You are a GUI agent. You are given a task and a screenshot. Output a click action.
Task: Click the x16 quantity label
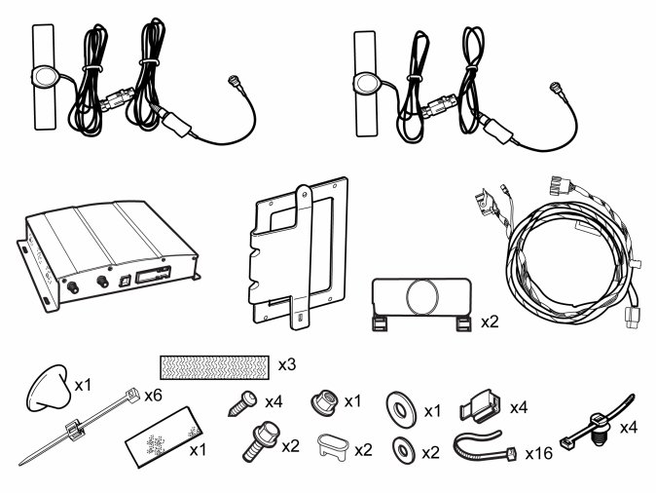[x=539, y=453]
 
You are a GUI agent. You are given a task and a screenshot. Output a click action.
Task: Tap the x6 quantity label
[x=153, y=395]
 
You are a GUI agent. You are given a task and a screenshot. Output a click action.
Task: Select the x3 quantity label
[x=287, y=364]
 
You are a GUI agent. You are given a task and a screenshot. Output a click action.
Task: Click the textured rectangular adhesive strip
[x=214, y=367]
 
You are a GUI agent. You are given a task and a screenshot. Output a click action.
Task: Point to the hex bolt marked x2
[x=261, y=441]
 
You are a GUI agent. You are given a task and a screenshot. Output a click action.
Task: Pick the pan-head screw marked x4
[x=243, y=403]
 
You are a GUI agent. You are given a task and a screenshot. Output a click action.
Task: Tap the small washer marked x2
[x=403, y=451]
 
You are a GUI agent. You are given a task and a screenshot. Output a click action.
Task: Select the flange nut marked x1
[x=324, y=401]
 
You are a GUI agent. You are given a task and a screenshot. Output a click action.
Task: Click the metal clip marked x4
[x=480, y=405]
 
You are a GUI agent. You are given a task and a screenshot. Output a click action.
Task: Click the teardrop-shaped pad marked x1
[x=49, y=388]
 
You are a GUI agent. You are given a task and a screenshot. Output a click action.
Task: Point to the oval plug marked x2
[x=334, y=447]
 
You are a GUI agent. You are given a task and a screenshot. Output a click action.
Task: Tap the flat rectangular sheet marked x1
[x=164, y=436]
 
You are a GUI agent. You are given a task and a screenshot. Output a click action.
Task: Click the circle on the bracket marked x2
[x=422, y=296]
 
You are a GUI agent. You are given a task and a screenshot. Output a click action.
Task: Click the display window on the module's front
[x=153, y=275]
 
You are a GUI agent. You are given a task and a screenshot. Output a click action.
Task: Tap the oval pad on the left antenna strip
[x=44, y=78]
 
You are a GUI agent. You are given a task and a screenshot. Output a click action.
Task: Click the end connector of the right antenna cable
[x=556, y=88]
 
